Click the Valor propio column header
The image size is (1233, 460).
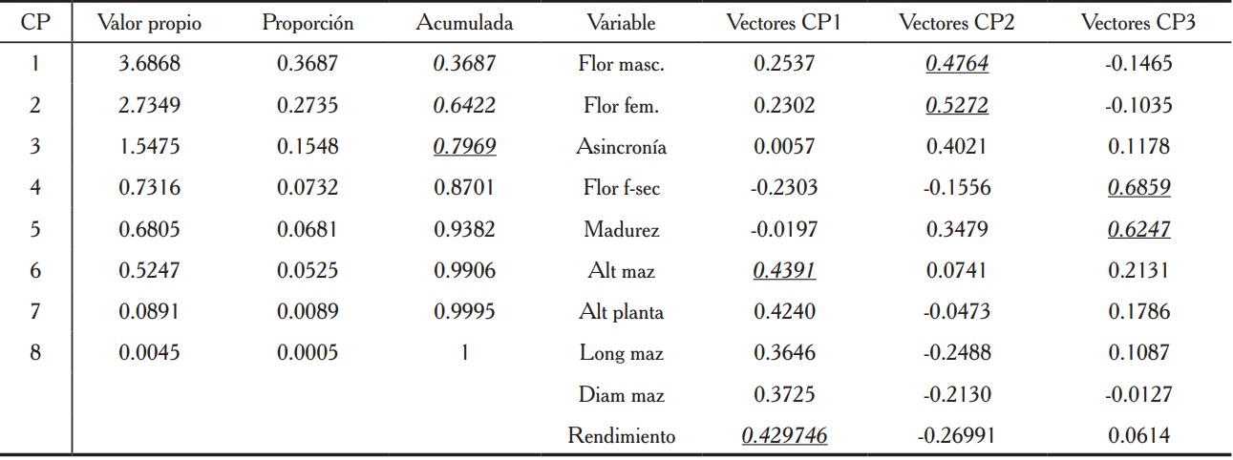(149, 24)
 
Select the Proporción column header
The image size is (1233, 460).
(308, 24)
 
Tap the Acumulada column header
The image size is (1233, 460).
(464, 24)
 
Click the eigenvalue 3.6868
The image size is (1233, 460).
(149, 65)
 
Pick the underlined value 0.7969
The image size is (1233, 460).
(464, 148)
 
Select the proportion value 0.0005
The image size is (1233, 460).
(308, 353)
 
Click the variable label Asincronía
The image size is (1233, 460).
(621, 148)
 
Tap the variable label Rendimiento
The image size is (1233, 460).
(621, 436)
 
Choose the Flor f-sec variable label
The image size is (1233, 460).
(621, 189)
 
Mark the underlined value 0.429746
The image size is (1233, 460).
(784, 436)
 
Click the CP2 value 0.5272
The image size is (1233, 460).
(956, 106)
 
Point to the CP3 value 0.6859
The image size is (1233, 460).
(1138, 189)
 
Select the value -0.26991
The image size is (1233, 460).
(956, 436)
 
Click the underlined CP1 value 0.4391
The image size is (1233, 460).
(784, 271)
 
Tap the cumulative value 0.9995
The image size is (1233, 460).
(464, 312)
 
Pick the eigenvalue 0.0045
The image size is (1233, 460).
(149, 353)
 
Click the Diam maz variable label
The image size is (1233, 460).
(621, 395)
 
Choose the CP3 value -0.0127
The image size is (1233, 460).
(1138, 395)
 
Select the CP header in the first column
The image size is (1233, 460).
(35, 24)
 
